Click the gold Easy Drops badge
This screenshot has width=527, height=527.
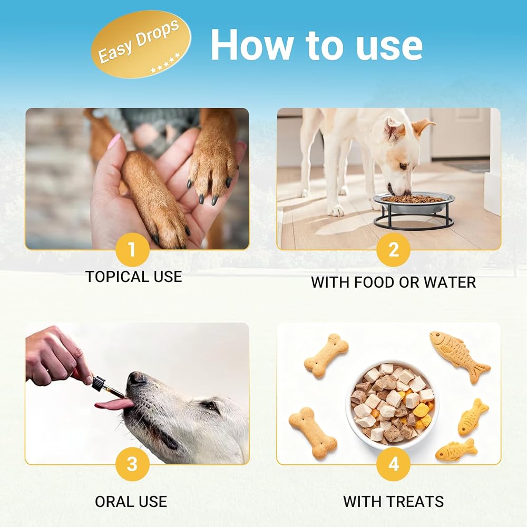(141, 44)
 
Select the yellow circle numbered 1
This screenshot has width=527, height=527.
(132, 249)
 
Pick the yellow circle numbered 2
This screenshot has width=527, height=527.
(393, 249)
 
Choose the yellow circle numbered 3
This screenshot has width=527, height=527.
(132, 464)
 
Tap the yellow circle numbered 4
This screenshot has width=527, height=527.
(393, 464)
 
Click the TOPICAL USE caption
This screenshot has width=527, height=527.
(134, 277)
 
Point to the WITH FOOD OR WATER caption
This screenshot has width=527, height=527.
(393, 282)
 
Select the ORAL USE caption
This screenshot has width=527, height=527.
(131, 502)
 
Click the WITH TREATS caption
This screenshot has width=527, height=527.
(393, 502)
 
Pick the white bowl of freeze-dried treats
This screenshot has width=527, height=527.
(392, 404)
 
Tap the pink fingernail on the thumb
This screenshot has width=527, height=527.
(114, 142)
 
